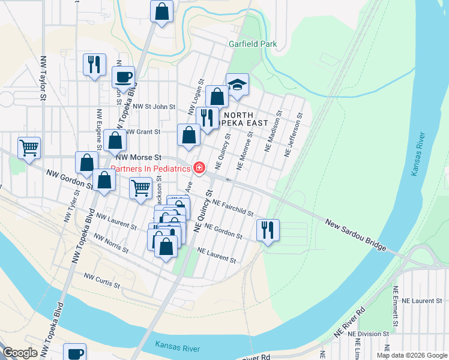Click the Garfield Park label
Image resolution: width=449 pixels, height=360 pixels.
(253, 44)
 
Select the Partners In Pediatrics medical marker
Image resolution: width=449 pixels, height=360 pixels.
(199, 167)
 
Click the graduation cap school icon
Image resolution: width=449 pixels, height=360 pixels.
(237, 85)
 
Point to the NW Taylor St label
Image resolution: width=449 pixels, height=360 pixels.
(43, 78)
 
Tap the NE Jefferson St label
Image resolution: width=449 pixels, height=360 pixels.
(294, 134)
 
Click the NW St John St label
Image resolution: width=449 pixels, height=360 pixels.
(154, 107)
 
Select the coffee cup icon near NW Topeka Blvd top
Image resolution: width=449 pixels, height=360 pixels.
(124, 77)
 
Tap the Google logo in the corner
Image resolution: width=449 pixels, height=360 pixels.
(20, 353)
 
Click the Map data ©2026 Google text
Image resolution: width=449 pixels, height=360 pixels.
(412, 355)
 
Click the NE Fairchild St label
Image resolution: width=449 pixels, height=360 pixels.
(232, 208)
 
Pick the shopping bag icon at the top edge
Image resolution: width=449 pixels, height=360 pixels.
(161, 11)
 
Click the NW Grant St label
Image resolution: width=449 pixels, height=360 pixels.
(142, 131)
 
